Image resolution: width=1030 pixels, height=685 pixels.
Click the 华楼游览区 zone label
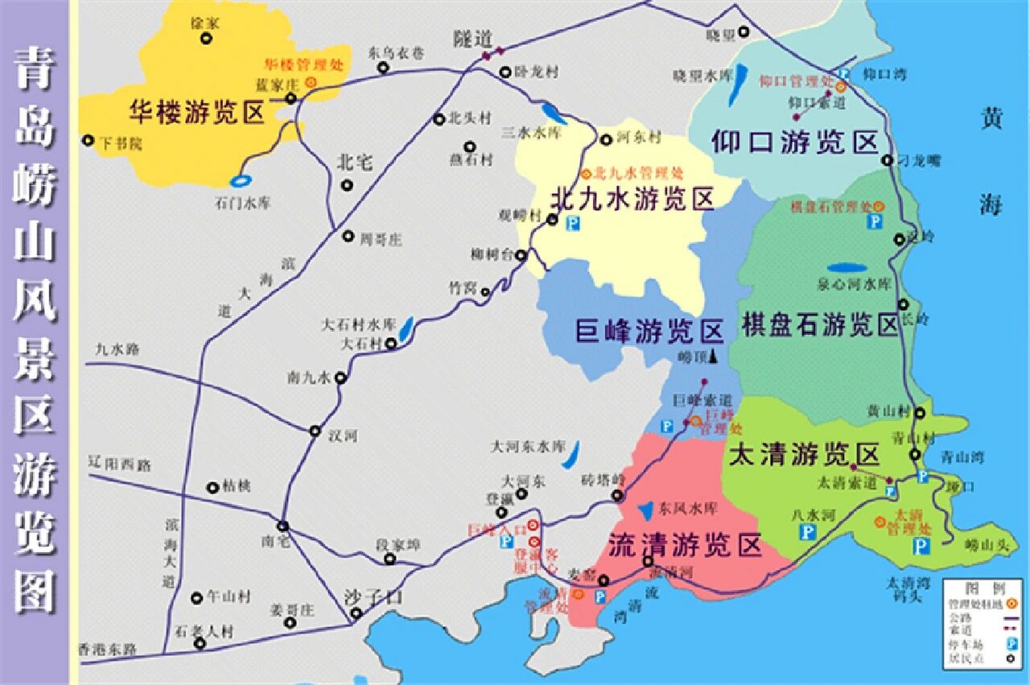pyautogui.click(x=197, y=112)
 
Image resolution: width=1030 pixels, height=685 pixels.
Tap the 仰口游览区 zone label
pyautogui.click(x=795, y=143)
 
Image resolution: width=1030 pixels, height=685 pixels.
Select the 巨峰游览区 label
pyautogui.click(x=648, y=331)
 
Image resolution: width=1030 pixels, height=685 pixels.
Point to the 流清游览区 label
pyautogui.click(x=685, y=545)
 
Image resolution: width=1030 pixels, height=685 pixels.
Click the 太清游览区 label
pyautogui.click(x=804, y=455)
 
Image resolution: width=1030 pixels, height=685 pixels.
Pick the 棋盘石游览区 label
pyautogui.click(x=820, y=324)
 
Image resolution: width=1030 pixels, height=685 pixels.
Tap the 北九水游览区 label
pyautogui.click(x=632, y=200)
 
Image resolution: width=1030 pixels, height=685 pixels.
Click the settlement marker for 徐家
pyautogui.click(x=205, y=39)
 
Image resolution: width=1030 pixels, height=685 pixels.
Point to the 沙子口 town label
pyautogui.click(x=373, y=597)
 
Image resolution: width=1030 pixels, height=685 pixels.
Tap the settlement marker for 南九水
pyautogui.click(x=341, y=378)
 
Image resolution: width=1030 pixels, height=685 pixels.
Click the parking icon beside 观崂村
pyautogui.click(x=573, y=222)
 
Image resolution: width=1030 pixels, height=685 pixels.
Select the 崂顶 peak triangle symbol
pyautogui.click(x=713, y=357)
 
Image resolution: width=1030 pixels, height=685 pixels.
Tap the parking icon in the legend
pyautogui.click(x=1011, y=643)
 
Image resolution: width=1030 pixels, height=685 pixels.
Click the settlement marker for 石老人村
pyautogui.click(x=200, y=643)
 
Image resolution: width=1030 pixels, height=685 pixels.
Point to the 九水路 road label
pyautogui.click(x=117, y=349)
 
